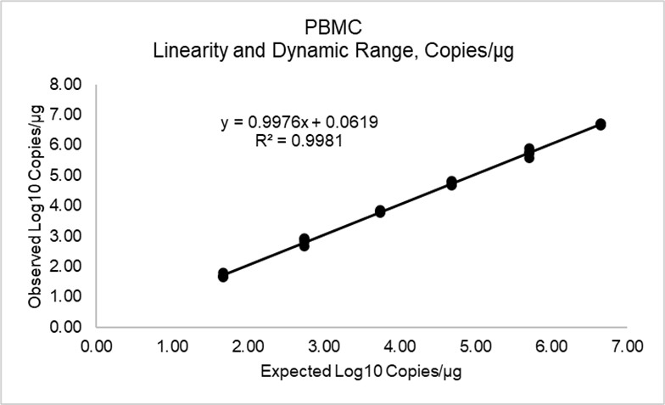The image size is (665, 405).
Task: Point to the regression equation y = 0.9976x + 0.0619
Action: (x=299, y=122)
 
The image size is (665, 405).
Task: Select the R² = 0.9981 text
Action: (x=299, y=140)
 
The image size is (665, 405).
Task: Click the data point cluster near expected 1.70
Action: (x=223, y=275)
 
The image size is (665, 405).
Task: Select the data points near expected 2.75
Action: (x=305, y=242)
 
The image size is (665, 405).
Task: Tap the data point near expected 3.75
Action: (x=380, y=211)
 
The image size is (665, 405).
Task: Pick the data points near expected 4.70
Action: (x=451, y=183)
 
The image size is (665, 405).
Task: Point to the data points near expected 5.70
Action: (x=528, y=153)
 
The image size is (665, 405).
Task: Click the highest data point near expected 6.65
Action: (x=601, y=124)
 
